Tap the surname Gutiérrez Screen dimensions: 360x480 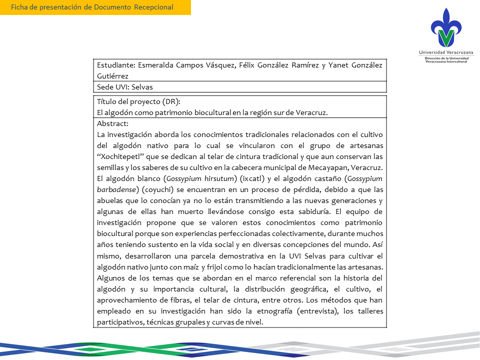[x=114, y=75]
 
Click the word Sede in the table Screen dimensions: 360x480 [x=105, y=87]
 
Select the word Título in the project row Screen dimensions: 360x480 [x=107, y=101]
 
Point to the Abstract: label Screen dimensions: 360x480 [x=113, y=123]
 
